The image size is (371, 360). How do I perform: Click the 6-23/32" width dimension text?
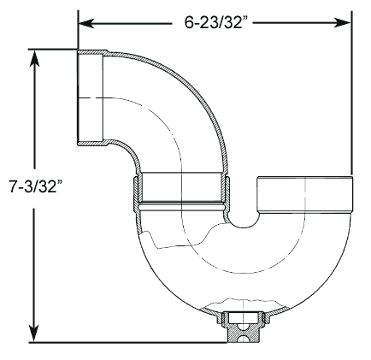pos(214,22)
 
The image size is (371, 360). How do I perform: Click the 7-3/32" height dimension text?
pos(36,186)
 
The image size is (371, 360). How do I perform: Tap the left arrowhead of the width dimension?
pos(86,23)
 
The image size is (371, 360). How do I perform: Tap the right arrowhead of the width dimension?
pos(342,23)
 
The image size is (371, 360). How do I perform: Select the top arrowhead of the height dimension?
pos(35,58)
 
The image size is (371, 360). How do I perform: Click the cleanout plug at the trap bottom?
pos(243,327)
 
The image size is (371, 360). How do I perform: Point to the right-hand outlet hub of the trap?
pos(305,195)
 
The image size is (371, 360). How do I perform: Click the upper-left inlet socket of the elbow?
pos(90,98)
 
